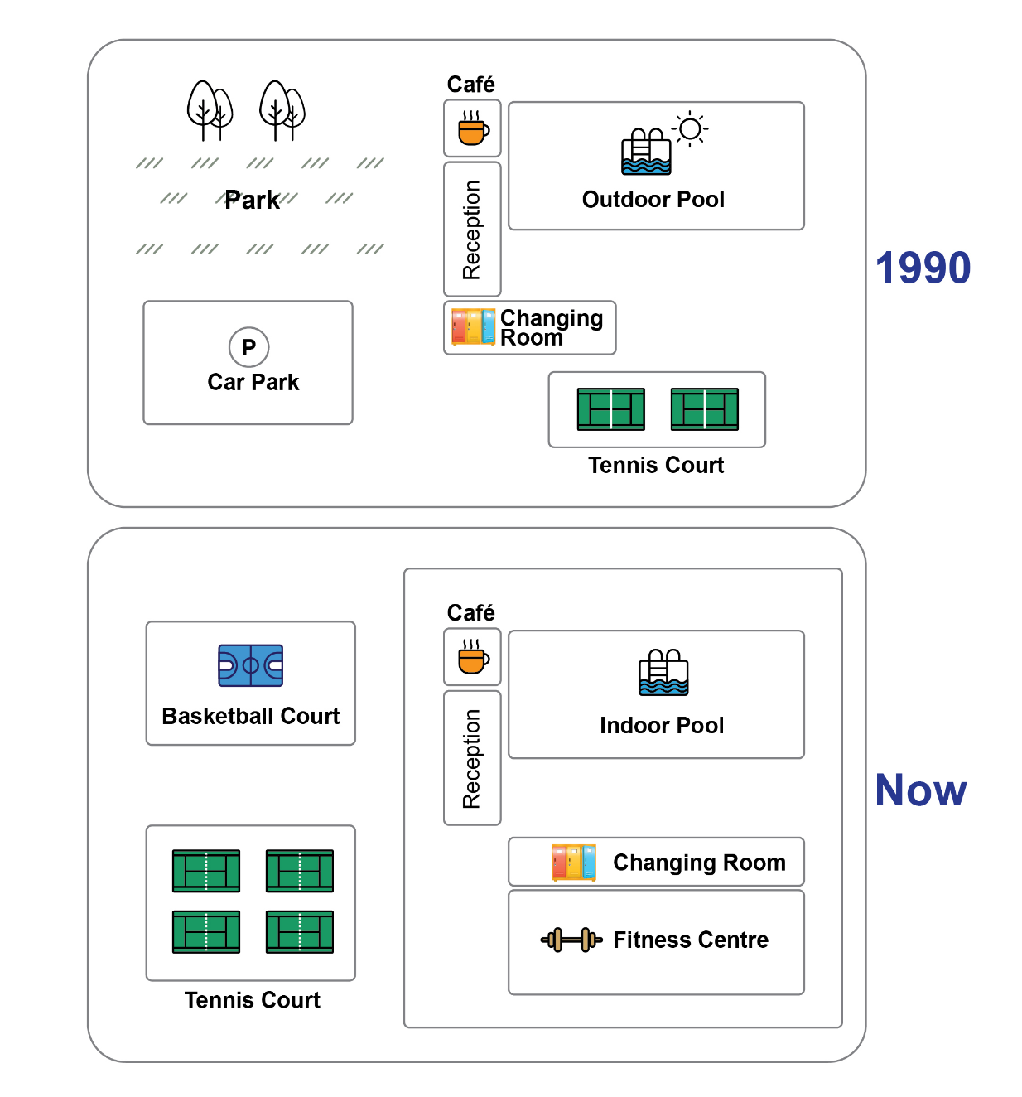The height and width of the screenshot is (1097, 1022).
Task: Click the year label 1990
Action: pyautogui.click(x=923, y=268)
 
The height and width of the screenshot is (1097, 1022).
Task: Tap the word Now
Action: pyautogui.click(x=921, y=790)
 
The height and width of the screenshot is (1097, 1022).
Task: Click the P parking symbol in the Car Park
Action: pyautogui.click(x=248, y=347)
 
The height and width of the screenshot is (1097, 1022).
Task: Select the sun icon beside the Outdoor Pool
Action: pyautogui.click(x=690, y=129)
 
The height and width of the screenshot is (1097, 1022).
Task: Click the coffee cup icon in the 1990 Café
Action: pyautogui.click(x=473, y=128)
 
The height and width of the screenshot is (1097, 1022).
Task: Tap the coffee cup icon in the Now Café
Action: pyautogui.click(x=473, y=657)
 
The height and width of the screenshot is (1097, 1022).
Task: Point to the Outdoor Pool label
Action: pyautogui.click(x=653, y=200)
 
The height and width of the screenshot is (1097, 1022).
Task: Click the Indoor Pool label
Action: pyautogui.click(x=661, y=726)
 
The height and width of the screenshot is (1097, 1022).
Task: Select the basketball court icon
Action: pyautogui.click(x=250, y=665)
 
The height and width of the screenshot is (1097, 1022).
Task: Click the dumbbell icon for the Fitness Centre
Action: pyautogui.click(x=571, y=940)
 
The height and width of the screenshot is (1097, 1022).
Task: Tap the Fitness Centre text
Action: pyautogui.click(x=691, y=940)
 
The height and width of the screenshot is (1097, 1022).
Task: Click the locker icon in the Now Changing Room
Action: pyautogui.click(x=573, y=862)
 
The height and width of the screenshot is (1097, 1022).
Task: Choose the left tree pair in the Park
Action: pyautogui.click(x=210, y=110)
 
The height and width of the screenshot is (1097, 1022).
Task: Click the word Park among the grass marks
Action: pyautogui.click(x=252, y=200)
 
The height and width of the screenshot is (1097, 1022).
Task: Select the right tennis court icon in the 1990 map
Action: pyautogui.click(x=704, y=409)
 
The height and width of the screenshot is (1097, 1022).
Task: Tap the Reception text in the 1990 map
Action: pyautogui.click(x=471, y=230)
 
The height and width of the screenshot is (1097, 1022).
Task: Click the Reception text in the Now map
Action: pyautogui.click(x=471, y=758)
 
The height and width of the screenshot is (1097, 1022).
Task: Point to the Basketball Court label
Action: pyautogui.click(x=250, y=716)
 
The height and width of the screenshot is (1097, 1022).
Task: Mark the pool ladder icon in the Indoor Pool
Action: pyautogui.click(x=663, y=672)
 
